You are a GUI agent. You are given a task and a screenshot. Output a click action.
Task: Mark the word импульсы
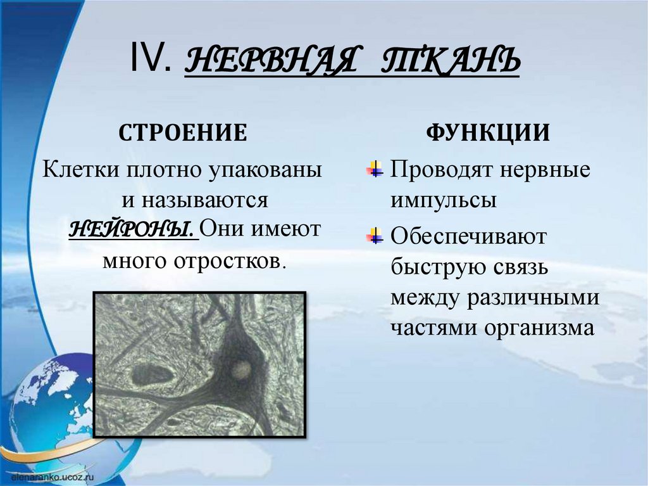pos(443,200)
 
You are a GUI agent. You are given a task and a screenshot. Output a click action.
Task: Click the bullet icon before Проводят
pos(374,170)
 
